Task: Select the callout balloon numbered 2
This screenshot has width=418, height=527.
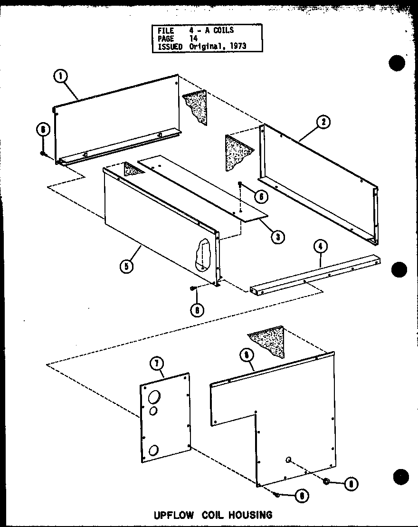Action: (323, 122)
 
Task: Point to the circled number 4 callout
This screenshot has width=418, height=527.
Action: (321, 247)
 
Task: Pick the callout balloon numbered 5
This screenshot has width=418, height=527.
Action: (126, 266)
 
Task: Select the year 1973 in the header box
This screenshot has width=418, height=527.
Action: (237, 47)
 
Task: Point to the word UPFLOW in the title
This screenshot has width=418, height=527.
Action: (170, 515)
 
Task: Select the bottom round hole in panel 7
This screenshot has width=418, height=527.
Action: (154, 450)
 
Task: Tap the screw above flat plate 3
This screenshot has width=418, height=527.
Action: (240, 184)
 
